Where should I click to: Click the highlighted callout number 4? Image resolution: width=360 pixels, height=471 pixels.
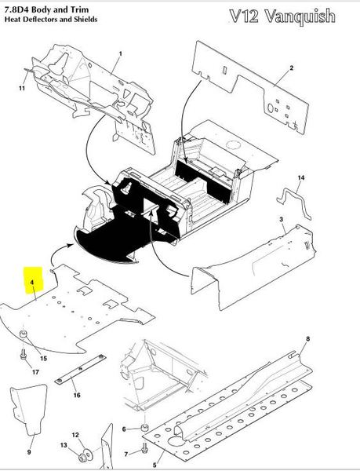32,283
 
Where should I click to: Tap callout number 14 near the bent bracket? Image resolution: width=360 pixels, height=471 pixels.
301,178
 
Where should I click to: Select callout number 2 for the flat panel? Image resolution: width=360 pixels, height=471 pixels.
292,68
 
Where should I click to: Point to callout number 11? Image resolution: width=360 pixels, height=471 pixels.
22,88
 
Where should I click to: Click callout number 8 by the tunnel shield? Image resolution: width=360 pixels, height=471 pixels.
307,339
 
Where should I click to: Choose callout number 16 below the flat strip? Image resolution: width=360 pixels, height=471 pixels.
77,396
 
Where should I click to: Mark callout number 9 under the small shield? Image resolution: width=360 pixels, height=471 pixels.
29,452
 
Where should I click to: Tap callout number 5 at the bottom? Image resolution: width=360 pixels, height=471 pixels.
155,465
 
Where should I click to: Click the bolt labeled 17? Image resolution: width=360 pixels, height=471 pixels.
23,353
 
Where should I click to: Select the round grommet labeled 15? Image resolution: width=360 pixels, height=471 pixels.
23,334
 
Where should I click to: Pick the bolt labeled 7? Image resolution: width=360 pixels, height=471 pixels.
144,448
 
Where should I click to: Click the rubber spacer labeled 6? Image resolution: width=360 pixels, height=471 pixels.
145,428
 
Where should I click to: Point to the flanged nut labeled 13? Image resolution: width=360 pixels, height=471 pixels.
82,458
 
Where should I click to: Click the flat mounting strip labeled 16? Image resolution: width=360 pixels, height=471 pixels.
81,368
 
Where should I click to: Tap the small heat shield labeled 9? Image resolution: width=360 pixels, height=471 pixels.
29,409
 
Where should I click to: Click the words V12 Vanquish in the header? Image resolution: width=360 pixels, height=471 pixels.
282,16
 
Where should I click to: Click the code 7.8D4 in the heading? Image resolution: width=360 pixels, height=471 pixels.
16,9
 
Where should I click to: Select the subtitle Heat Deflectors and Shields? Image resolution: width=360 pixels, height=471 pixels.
51,19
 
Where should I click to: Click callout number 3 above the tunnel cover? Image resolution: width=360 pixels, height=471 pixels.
281,220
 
